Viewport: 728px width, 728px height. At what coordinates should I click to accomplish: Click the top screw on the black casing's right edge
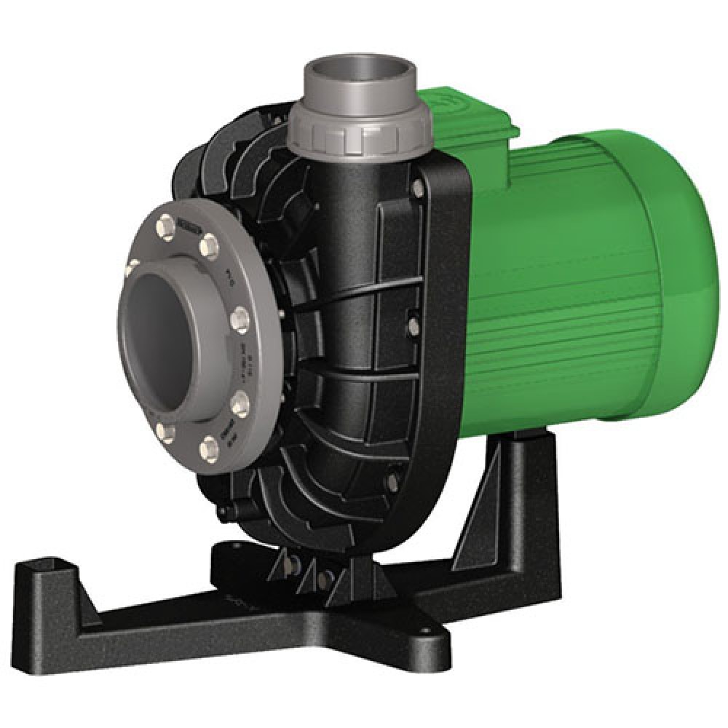tap(418, 191)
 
